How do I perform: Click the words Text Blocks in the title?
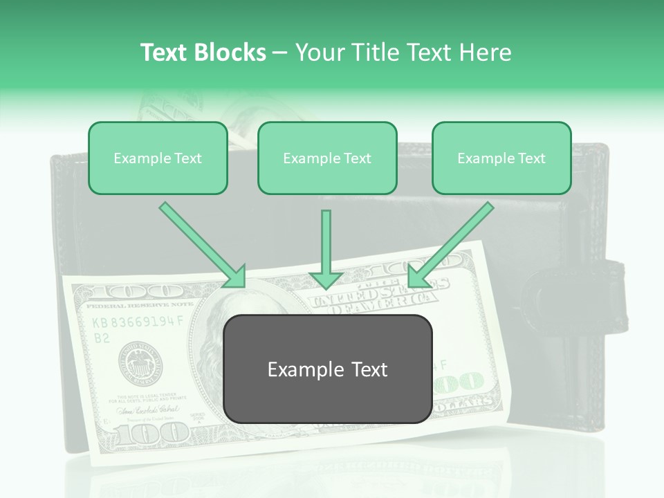point(203,53)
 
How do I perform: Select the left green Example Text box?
point(158,158)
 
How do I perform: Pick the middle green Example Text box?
point(327,158)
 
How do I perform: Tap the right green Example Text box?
point(501,158)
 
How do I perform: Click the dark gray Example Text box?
point(328,369)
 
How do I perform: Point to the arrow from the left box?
point(205,246)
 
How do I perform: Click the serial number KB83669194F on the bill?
point(138,322)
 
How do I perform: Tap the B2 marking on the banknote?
point(102,338)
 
